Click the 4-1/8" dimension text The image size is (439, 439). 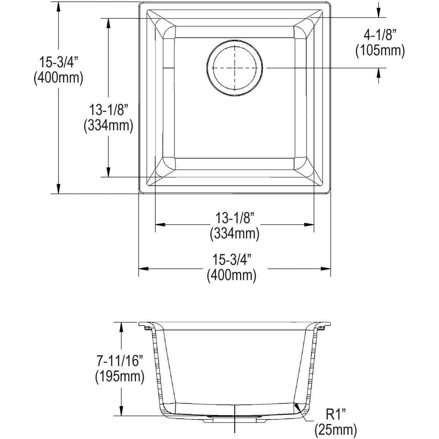pos(380,36)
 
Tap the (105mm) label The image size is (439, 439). pos(380,51)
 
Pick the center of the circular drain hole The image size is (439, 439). pos(234,68)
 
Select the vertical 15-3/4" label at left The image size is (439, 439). pos(59,63)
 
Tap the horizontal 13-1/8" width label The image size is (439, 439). pos(234,218)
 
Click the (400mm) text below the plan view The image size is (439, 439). pos(231,275)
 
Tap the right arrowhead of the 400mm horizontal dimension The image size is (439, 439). pos(327,269)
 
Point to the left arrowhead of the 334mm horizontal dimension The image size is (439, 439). pos(160,224)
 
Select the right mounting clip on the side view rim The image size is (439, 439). pos(322,328)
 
